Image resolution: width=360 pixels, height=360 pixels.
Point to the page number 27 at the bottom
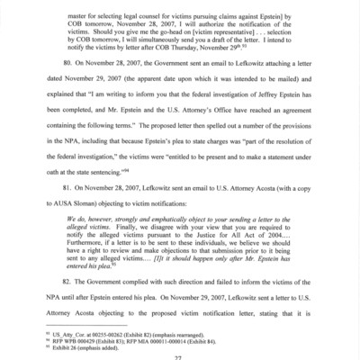[180, 355]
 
